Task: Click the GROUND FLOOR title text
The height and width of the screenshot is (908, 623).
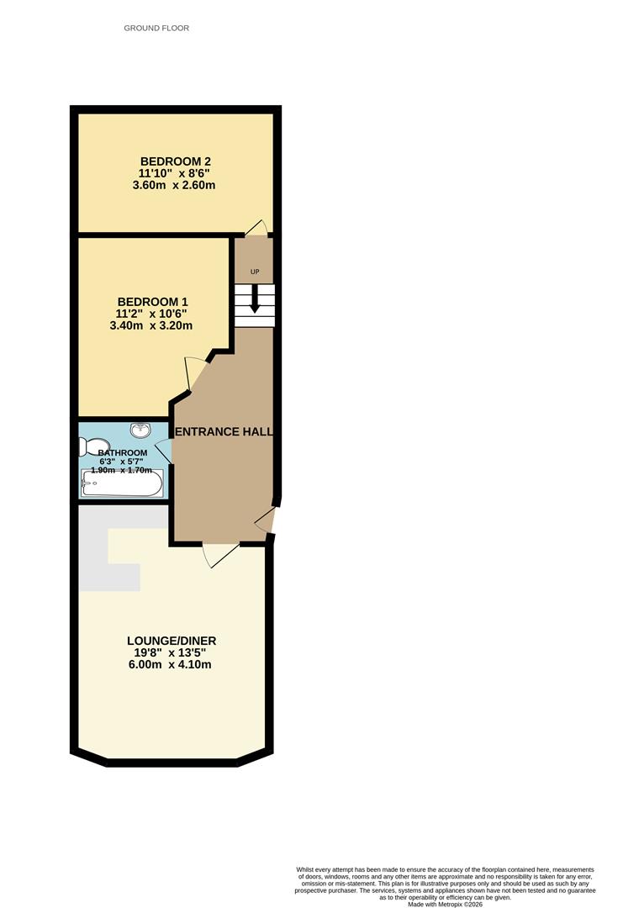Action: [156, 28]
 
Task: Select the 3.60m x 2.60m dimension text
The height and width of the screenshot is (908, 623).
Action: [174, 185]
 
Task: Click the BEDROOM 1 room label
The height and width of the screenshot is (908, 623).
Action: [152, 302]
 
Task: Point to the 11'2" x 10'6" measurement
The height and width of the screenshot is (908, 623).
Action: [151, 314]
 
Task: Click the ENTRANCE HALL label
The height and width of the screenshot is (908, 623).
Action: [224, 431]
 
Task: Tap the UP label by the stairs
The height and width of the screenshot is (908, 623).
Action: [255, 272]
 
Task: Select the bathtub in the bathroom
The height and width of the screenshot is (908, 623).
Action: [122, 483]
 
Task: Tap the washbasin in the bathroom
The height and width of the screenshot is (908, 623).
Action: [140, 430]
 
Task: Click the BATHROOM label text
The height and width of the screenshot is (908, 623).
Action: [122, 453]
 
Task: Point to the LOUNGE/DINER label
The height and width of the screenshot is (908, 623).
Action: [172, 641]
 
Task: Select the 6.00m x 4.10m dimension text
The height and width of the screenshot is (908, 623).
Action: [170, 664]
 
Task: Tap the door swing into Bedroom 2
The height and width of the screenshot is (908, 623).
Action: [255, 227]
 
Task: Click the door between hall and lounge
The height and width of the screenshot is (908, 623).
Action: [220, 555]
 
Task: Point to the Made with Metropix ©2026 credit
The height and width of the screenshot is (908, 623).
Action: [446, 904]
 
